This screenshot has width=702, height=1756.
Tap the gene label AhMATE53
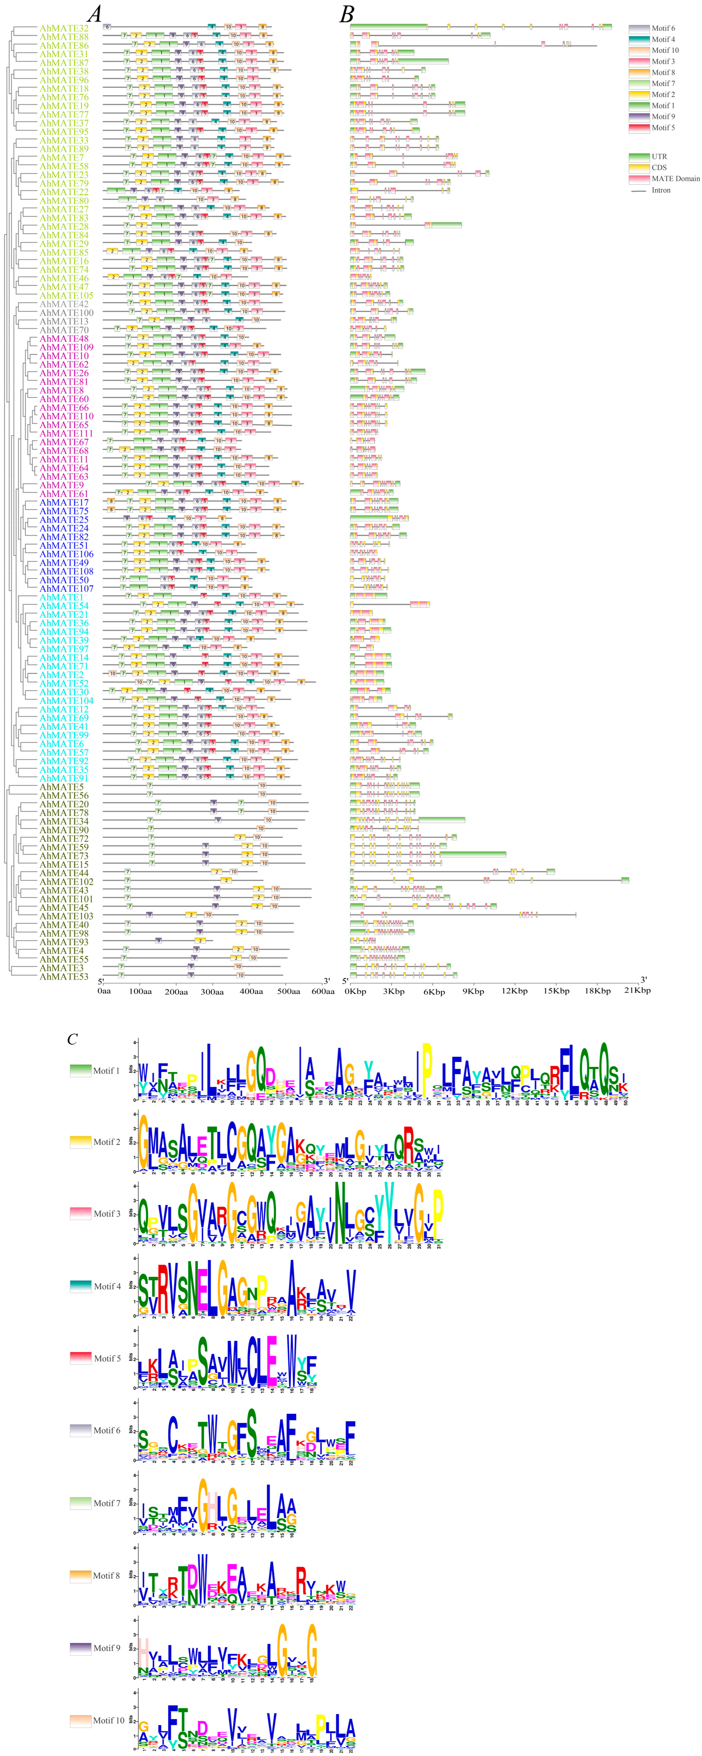click(x=63, y=976)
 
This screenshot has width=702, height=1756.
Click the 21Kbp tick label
click(x=637, y=991)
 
